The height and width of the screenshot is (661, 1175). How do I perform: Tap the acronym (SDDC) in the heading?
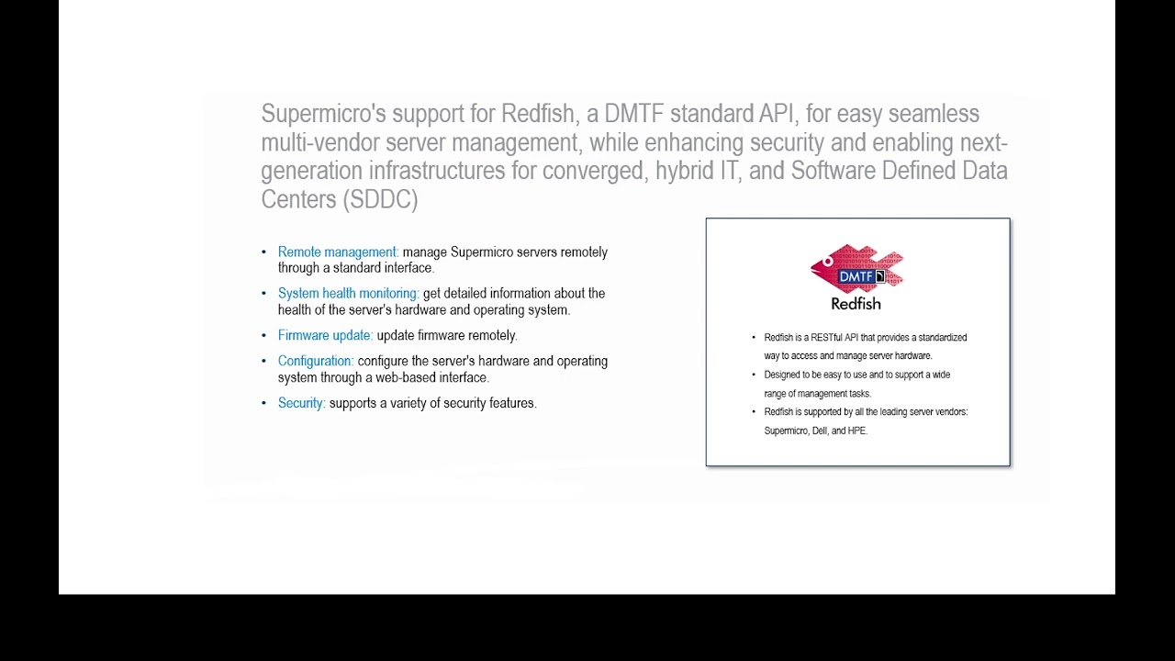click(379, 199)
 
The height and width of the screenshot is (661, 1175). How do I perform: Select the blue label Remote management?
click(338, 252)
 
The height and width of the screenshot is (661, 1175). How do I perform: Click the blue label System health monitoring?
click(348, 294)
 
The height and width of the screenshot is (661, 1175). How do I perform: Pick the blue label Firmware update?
click(325, 336)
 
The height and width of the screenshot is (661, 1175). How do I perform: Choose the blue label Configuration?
click(315, 362)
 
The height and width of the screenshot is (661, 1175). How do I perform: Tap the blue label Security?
click(301, 403)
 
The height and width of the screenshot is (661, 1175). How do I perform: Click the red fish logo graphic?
click(856, 269)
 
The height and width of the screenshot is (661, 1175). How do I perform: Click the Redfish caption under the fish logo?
click(856, 304)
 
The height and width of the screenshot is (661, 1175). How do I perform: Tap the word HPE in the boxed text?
click(856, 431)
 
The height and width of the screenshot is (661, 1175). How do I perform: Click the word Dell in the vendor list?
click(820, 431)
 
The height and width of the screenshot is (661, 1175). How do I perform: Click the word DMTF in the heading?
click(633, 114)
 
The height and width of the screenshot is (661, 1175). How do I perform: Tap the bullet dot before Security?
click(264, 404)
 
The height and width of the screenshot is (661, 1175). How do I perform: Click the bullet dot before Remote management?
click(264, 252)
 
